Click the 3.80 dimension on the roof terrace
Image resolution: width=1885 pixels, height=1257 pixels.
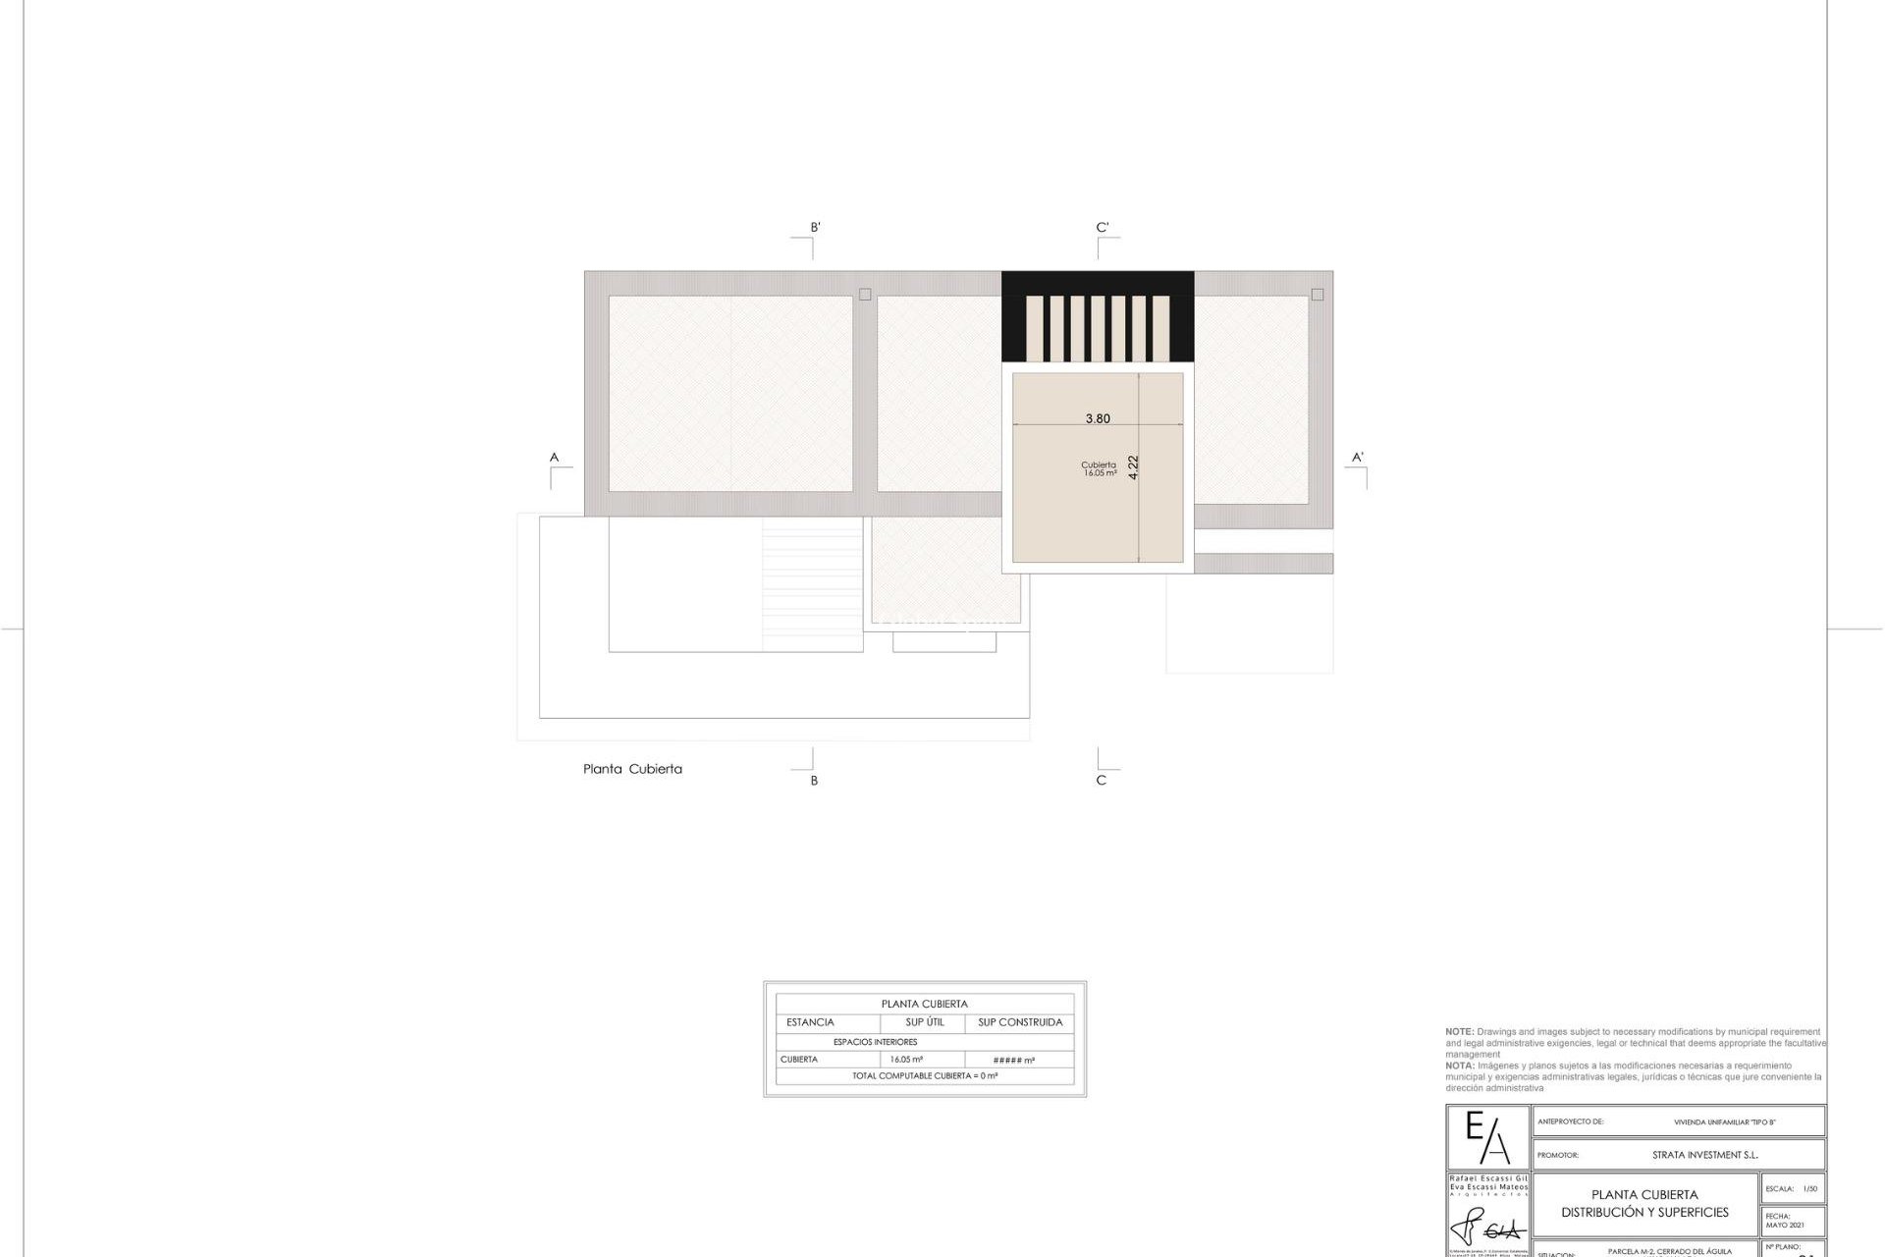[x=1098, y=418]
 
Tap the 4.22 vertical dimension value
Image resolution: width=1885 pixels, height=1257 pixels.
[x=1134, y=466]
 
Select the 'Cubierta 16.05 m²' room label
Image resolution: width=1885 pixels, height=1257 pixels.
[x=1099, y=468]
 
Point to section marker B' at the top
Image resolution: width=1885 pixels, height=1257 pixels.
[x=815, y=227]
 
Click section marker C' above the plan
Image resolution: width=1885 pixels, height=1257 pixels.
[x=1103, y=227]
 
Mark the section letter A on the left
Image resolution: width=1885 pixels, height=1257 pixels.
[x=554, y=457]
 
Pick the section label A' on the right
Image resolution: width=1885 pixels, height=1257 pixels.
[x=1358, y=457]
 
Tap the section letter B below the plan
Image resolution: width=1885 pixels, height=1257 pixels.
[x=814, y=781]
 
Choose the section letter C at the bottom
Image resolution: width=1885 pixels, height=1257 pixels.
[x=1101, y=781]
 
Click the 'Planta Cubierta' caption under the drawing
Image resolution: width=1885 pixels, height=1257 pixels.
[x=632, y=769]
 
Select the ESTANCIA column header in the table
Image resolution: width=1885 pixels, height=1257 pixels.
[x=810, y=1022]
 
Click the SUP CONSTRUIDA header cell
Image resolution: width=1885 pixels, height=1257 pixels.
[x=1020, y=1022]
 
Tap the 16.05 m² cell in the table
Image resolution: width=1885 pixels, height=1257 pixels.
[x=906, y=1060]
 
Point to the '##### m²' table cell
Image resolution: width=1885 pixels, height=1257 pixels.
[x=1014, y=1061]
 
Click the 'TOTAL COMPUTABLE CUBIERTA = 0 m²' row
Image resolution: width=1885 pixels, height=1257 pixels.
[x=925, y=1076]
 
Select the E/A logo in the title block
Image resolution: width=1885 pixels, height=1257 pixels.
[x=1487, y=1137]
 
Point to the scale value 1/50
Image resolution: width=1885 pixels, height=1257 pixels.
[x=1809, y=1189]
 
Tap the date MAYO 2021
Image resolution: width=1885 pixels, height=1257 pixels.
[x=1784, y=1225]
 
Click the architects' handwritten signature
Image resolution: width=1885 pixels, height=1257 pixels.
[x=1487, y=1228]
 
